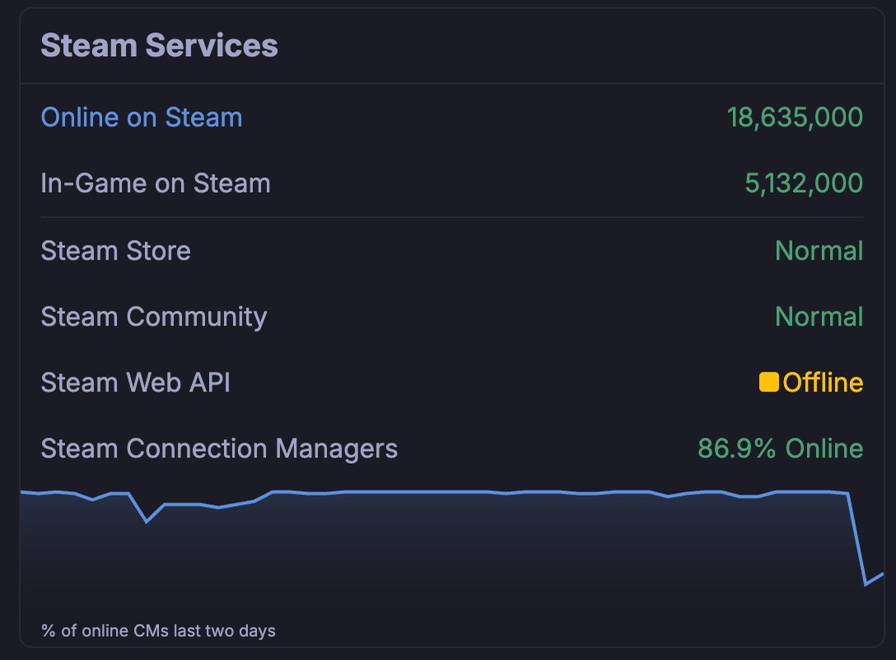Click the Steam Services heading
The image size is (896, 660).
pos(159,45)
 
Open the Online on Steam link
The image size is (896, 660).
pos(142,117)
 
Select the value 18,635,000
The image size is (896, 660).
pos(795,117)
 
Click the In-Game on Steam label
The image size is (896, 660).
pos(156,183)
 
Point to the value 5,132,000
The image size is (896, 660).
pos(804,183)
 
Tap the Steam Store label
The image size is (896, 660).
pos(115,250)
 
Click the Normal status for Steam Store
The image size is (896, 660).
pos(819,250)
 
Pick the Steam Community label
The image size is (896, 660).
pos(154,316)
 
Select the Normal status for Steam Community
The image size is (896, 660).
pos(819,316)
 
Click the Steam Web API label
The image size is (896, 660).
pos(135,382)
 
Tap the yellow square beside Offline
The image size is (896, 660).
pos(769,382)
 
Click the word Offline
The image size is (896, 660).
pos(823,382)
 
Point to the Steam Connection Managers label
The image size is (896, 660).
pos(219,448)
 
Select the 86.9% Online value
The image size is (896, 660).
pos(780,448)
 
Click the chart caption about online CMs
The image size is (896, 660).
pos(158,631)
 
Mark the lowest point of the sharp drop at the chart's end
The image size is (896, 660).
pos(866,584)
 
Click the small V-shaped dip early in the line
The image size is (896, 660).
pos(147,521)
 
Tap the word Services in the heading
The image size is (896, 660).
pos(212,45)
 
